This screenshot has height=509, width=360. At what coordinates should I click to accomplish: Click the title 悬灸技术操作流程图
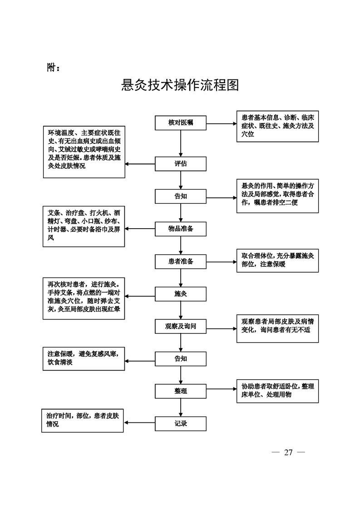[180, 85]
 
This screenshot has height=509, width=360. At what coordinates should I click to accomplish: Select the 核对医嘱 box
[181, 122]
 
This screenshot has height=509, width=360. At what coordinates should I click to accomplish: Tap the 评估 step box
[181, 164]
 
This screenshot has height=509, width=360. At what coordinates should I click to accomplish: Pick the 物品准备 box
[181, 229]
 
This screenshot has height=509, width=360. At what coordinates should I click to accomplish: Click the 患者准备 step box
[181, 261]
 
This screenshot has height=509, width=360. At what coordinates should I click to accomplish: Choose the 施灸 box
[181, 294]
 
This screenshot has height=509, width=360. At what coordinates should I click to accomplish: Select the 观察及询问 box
[181, 326]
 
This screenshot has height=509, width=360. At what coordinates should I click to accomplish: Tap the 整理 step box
[181, 391]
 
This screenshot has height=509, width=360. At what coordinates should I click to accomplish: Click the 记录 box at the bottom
[181, 424]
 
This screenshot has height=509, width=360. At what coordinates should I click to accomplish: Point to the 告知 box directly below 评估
[181, 196]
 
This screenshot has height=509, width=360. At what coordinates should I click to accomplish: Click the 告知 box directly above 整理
[181, 359]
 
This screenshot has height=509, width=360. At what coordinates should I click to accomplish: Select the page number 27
[288, 452]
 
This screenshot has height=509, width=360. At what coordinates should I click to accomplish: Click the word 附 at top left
[52, 67]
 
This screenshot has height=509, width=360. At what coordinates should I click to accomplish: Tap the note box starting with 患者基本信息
[277, 126]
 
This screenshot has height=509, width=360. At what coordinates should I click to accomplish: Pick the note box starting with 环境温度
[84, 152]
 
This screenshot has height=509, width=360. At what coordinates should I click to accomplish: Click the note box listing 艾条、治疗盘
[84, 227]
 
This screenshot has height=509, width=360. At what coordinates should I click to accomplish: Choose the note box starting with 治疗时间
[82, 420]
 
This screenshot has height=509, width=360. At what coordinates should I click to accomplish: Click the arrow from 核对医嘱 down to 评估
[181, 143]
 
